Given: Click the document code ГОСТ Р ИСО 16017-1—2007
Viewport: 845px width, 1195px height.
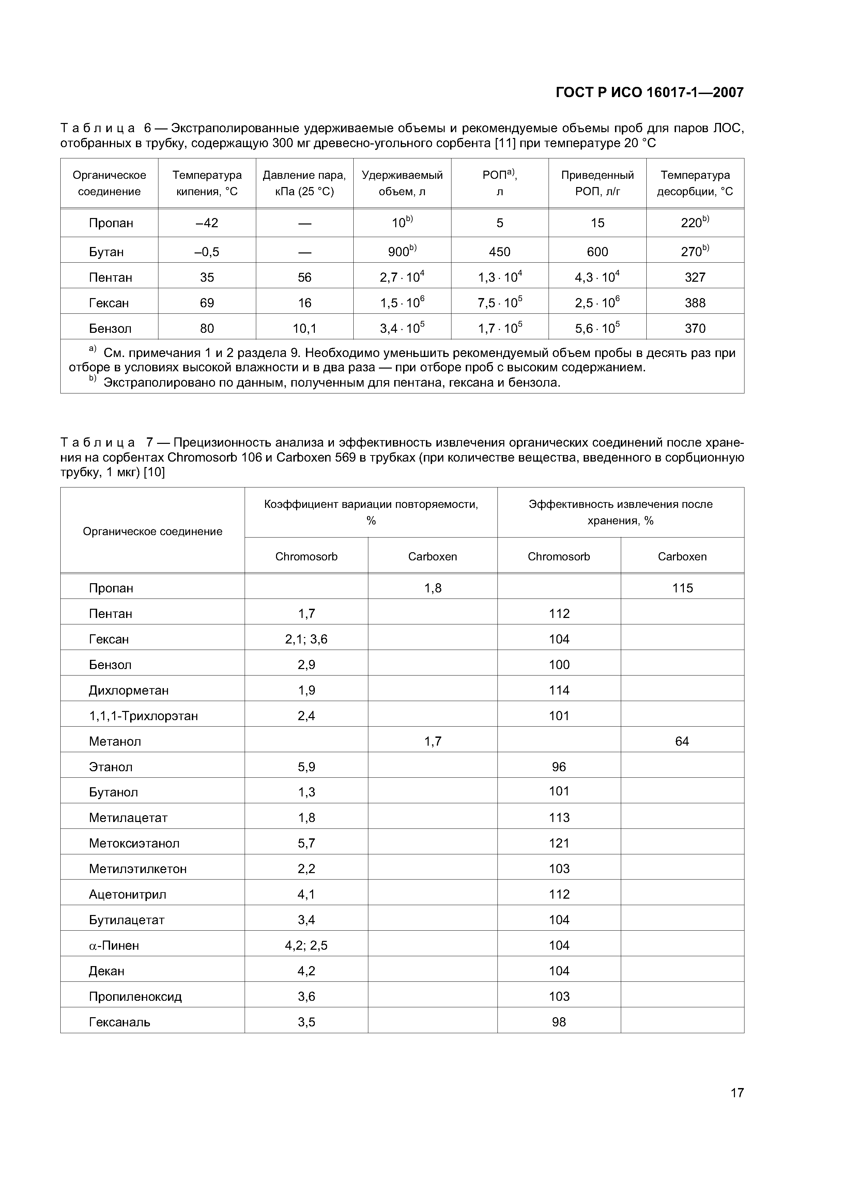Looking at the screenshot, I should pyautogui.click(x=649, y=93).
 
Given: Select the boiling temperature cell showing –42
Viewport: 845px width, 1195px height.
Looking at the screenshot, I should pyautogui.click(x=207, y=223).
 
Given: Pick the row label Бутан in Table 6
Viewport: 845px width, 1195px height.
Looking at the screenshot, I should pyautogui.click(x=106, y=252).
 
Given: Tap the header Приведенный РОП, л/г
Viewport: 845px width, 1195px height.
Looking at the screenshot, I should pyautogui.click(x=597, y=183).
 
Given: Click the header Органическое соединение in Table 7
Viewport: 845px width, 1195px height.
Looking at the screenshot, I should pyautogui.click(x=153, y=531).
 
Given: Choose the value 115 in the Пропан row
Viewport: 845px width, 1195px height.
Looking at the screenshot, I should pyautogui.click(x=682, y=588).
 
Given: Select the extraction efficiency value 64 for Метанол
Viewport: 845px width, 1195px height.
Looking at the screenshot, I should pyautogui.click(x=682, y=741).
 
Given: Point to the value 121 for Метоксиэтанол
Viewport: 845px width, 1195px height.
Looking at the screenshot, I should pyautogui.click(x=559, y=843).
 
